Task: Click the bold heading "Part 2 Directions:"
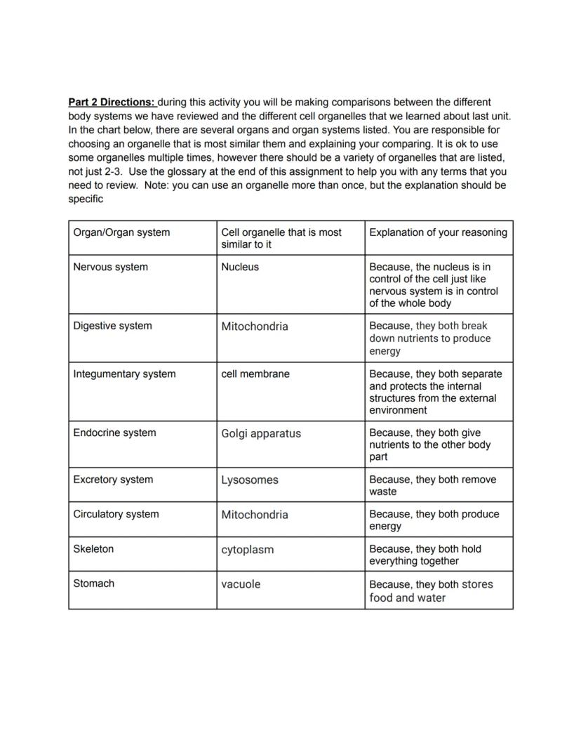112,103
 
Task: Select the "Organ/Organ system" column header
121,232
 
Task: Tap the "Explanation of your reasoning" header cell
438,232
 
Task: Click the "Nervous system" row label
110,267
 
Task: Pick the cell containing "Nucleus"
240,267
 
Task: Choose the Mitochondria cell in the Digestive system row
254,326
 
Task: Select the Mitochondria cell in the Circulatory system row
254,515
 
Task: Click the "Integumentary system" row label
124,374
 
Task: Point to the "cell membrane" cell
254,374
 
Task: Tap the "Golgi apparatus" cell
260,434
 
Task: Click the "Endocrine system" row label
114,433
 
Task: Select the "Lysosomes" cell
249,480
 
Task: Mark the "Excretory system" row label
113,480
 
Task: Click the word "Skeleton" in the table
93,549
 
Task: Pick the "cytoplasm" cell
247,550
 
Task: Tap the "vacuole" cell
241,584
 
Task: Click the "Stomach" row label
93,583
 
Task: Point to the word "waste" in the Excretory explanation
383,492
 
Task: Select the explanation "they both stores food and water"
431,591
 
